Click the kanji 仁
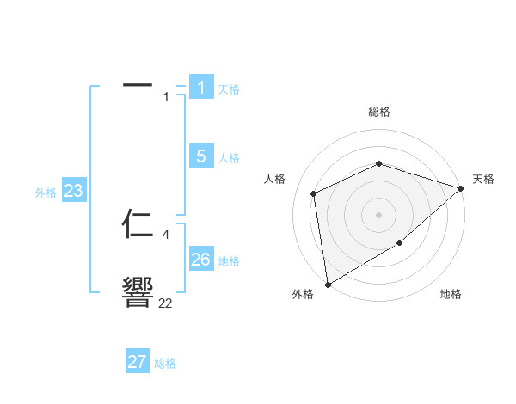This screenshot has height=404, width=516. (x=138, y=224)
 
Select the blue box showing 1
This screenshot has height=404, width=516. (x=200, y=87)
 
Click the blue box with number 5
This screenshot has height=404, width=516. (x=200, y=156)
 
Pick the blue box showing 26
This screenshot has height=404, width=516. (x=200, y=259)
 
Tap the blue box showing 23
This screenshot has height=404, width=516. (x=73, y=190)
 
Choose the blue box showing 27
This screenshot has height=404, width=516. (x=138, y=362)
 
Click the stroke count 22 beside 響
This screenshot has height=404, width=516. (x=165, y=303)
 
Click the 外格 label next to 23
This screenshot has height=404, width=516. (x=46, y=193)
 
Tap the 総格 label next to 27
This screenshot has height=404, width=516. (x=165, y=364)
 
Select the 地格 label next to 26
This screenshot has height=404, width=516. (x=229, y=261)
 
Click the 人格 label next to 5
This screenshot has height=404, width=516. (x=229, y=158)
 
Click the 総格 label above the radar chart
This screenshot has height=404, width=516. (x=378, y=112)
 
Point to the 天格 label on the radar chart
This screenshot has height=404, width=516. (x=483, y=179)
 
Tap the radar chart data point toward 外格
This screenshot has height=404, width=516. (x=328, y=284)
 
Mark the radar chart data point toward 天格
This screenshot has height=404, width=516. (x=461, y=187)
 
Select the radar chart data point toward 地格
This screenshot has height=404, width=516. (x=400, y=244)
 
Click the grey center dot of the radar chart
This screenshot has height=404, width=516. (x=378, y=214)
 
